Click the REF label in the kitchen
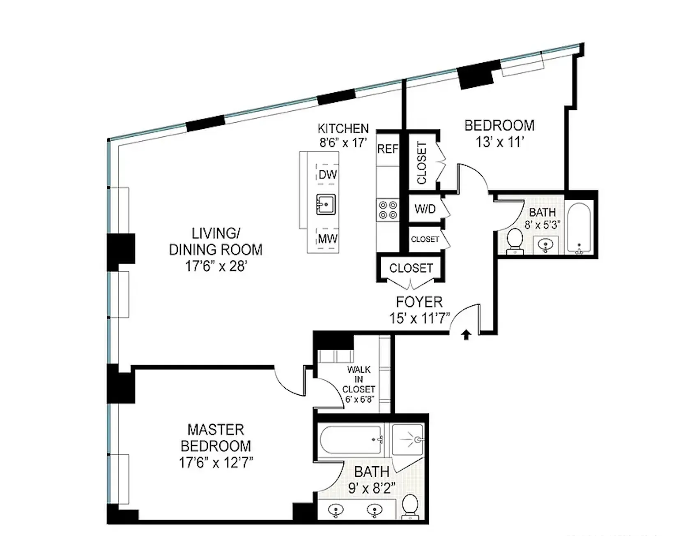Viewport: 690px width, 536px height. (x=387, y=149)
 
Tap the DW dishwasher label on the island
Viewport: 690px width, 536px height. (x=327, y=174)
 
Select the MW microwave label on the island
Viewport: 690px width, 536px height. (x=327, y=238)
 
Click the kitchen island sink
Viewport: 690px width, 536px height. (x=326, y=204)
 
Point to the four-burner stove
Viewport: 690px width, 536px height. (x=388, y=209)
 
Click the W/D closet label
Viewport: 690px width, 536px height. (x=425, y=209)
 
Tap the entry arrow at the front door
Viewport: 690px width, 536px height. (x=466, y=335)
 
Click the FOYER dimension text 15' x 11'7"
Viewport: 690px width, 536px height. (x=419, y=318)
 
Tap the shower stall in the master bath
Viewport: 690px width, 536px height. (x=407, y=441)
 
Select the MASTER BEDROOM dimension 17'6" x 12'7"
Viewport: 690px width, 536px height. (x=216, y=463)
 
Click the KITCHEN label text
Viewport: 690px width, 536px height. (x=343, y=128)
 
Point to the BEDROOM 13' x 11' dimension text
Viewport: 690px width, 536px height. (x=499, y=142)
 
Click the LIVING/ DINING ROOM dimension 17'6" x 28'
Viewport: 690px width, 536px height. (x=216, y=266)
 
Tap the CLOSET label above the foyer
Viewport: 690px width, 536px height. (x=411, y=268)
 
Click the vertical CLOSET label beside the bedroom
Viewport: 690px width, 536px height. (x=422, y=163)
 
